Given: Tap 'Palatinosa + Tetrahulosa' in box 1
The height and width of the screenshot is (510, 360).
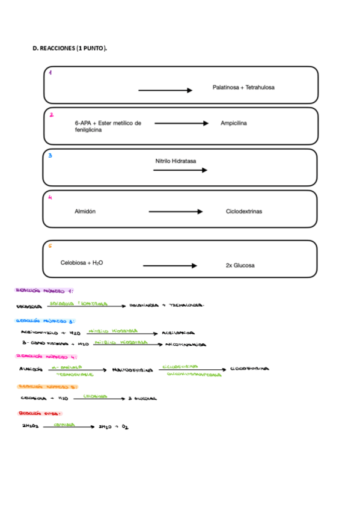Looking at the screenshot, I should (243, 88).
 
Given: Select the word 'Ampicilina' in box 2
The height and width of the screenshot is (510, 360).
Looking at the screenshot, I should (234, 123).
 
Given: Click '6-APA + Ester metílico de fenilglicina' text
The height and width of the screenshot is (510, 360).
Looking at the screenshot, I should (103, 126).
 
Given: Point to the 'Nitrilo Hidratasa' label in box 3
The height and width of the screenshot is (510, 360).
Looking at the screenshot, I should (175, 161).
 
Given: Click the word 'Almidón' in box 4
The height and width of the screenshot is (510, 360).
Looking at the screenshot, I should (85, 212).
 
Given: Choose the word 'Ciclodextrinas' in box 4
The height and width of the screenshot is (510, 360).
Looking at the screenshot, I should (243, 212).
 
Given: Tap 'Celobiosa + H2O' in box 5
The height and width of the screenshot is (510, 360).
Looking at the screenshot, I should (81, 263).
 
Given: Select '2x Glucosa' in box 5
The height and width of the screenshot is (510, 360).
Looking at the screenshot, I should (240, 266).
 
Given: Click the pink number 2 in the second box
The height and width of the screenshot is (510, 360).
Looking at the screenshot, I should (52, 114).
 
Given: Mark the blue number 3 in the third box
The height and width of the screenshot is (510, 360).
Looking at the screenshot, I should (50, 155).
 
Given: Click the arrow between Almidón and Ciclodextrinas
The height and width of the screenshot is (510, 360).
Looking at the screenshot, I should (175, 212).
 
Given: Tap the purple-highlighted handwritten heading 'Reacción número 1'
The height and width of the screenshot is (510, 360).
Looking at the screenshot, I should (44, 291).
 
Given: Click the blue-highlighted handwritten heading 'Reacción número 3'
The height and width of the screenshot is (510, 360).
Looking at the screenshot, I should (44, 321).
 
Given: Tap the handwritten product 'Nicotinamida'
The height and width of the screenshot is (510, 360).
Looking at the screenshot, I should (186, 345).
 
